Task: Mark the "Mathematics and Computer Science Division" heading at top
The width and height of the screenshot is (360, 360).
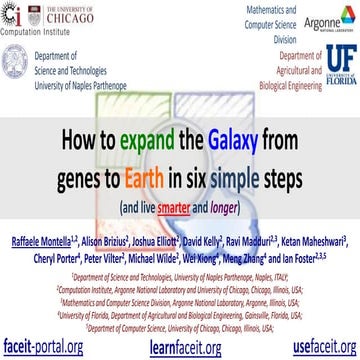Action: (226, 22)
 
